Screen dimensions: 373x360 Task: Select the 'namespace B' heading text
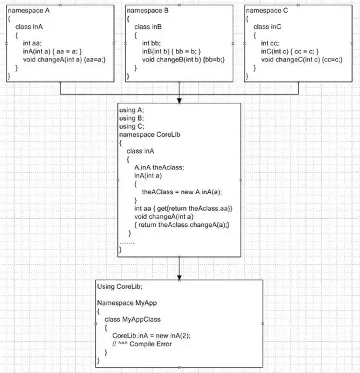(147, 11)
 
